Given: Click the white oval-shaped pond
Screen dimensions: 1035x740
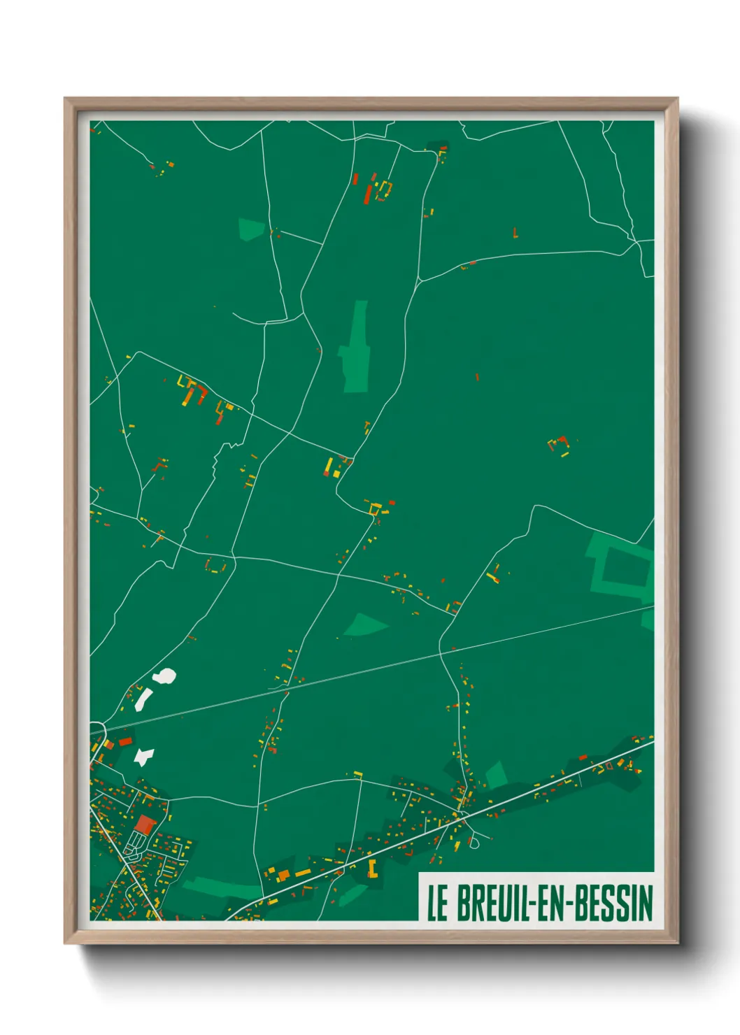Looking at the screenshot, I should [x=166, y=676].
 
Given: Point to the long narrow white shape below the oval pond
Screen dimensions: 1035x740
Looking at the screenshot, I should [x=144, y=697].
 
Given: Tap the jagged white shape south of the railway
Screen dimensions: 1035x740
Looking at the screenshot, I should [x=144, y=757].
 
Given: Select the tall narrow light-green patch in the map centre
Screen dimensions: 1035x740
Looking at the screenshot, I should [x=356, y=348].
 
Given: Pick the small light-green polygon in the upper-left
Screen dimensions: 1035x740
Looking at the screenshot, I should [x=251, y=229].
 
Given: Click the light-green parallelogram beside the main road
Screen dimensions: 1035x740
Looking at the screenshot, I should [x=496, y=775].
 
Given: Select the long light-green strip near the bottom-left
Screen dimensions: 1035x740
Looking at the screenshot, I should [x=220, y=887].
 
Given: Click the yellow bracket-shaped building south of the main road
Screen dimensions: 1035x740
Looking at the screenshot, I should [x=373, y=869].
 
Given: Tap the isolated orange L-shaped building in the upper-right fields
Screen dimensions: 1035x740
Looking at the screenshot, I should [x=515, y=233].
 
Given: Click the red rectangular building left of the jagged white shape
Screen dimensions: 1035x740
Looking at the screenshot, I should [x=125, y=741].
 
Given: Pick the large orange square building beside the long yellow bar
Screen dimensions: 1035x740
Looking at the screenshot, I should [x=284, y=875].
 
